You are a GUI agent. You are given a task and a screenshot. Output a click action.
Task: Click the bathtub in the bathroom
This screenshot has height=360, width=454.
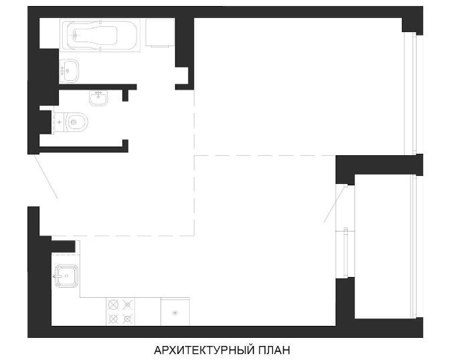(100, 35)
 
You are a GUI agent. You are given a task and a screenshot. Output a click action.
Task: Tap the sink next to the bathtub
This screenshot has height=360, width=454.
(69, 70)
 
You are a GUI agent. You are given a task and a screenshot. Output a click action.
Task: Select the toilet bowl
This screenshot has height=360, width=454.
(77, 122)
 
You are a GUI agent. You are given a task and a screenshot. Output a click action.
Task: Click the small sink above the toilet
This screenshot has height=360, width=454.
(98, 98)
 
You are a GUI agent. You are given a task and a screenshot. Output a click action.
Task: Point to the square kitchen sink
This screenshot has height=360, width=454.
(67, 276)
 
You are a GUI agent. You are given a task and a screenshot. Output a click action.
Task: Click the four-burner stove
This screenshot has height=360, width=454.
(120, 312)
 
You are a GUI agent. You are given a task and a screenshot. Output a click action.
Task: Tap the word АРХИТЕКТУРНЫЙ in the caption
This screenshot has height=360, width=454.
(203, 350)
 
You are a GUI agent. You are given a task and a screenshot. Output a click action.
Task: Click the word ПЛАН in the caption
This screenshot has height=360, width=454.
(273, 350)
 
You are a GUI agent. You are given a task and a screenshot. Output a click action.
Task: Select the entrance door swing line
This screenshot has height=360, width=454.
(46, 177)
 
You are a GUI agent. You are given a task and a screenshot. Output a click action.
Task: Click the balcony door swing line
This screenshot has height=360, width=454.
(335, 205)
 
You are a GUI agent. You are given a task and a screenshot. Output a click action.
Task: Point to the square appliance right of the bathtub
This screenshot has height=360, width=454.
(160, 33)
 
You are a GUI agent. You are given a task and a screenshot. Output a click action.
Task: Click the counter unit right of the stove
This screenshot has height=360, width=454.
(175, 312)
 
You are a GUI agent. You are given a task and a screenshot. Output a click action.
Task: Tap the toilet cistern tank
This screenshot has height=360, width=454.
(60, 122)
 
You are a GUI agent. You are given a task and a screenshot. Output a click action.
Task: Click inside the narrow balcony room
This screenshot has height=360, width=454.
(382, 246)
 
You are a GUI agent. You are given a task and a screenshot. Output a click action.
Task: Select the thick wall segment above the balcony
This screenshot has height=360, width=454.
(379, 165)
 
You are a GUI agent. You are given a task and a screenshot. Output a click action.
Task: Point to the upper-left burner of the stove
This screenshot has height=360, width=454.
(113, 305)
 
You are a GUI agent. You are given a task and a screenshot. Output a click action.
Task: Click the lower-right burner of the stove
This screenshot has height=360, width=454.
(128, 319)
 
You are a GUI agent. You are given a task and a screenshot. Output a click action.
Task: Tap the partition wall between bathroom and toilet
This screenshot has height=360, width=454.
(98, 87)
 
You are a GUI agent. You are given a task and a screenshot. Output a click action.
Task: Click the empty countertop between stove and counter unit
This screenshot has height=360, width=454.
(148, 312)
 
